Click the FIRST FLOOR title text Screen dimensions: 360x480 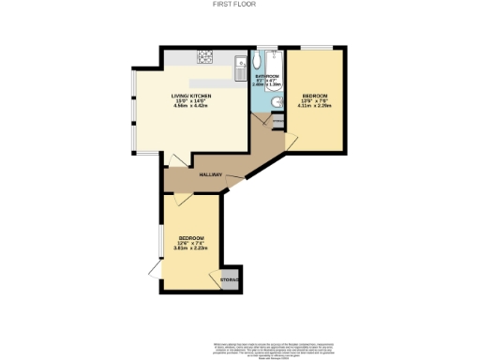click(x=240, y=4)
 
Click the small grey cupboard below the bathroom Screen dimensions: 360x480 click(x=276, y=121)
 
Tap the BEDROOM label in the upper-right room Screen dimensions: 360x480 click(x=315, y=97)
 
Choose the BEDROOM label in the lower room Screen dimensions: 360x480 click(x=191, y=237)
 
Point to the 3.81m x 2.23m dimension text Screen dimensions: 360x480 click(x=191, y=248)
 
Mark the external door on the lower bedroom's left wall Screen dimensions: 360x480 click(x=155, y=269)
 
